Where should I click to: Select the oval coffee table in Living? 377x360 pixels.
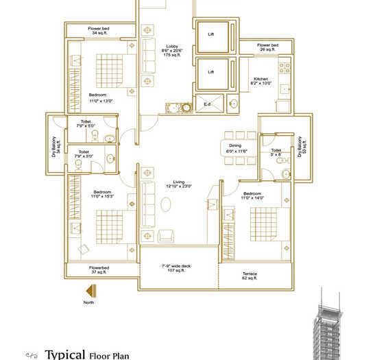coord(167,204)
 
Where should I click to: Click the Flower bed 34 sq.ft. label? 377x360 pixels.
coord(99,31)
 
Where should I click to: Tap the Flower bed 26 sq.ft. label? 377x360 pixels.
coord(267,47)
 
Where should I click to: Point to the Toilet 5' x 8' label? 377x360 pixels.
coord(277,152)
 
